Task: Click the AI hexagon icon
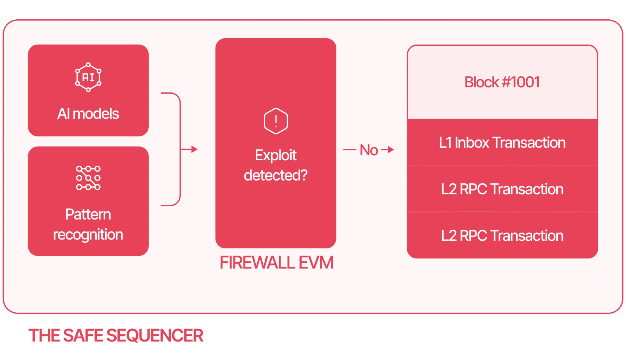pyautogui.click(x=88, y=77)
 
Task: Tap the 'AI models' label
pyautogui.click(x=88, y=114)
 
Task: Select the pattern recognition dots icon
pyautogui.click(x=88, y=178)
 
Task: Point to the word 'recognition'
pyautogui.click(x=88, y=235)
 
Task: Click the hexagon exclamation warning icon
pyautogui.click(x=276, y=121)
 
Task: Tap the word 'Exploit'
pyautogui.click(x=276, y=155)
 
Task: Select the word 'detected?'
pyautogui.click(x=276, y=175)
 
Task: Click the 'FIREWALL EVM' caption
pyautogui.click(x=276, y=263)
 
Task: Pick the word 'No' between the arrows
pyautogui.click(x=369, y=150)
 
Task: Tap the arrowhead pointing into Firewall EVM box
pyautogui.click(x=194, y=149)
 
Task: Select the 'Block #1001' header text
pyautogui.click(x=502, y=82)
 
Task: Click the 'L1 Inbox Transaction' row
pyautogui.click(x=502, y=143)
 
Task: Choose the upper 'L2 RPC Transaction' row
pyautogui.click(x=502, y=189)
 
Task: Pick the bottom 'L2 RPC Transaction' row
pyautogui.click(x=502, y=236)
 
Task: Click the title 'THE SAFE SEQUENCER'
pyautogui.click(x=116, y=335)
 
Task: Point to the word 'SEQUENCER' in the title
pyautogui.click(x=155, y=335)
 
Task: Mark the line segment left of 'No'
pyautogui.click(x=350, y=150)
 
